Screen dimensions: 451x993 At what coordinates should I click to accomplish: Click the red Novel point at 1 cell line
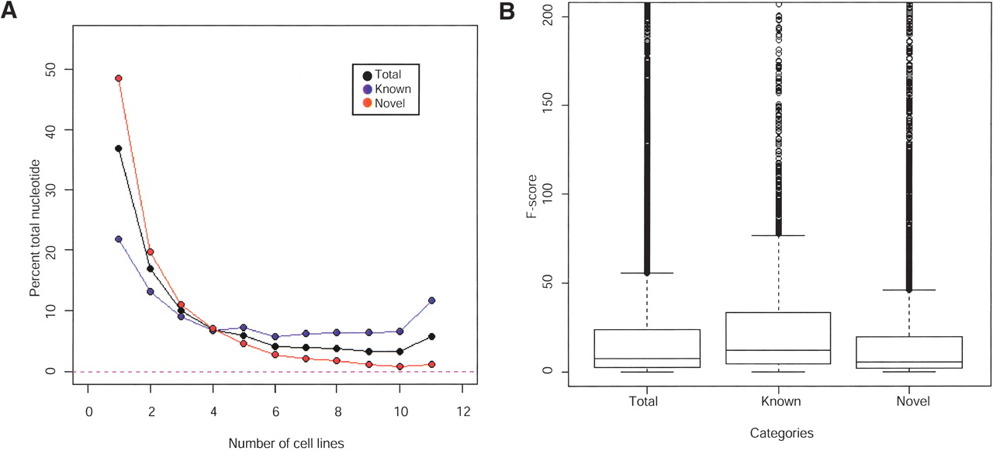[119, 78]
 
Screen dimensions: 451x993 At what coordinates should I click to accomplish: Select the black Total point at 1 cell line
[119, 148]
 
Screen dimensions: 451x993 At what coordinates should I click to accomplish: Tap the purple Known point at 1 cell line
[119, 239]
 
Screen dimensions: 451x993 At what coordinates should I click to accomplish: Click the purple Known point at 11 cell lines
[431, 300]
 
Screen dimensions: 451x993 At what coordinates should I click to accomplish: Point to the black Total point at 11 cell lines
[431, 336]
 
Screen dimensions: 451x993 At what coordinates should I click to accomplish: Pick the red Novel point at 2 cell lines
[150, 252]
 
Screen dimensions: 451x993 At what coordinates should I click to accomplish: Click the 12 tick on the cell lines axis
[462, 411]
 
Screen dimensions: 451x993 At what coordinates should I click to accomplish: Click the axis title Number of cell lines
[286, 443]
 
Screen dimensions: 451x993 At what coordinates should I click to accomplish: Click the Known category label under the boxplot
[777, 402]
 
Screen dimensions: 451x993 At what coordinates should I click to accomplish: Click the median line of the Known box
[777, 350]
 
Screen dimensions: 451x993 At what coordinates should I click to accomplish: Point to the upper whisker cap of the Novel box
[909, 290]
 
